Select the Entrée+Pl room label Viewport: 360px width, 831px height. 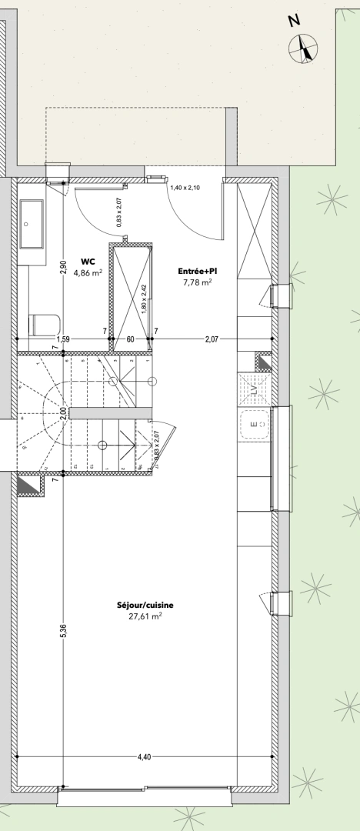197,271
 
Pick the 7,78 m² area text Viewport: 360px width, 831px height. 197,282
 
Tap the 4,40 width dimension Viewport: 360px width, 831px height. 144,757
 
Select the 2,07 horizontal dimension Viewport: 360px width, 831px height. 212,339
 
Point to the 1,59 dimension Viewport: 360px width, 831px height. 62,339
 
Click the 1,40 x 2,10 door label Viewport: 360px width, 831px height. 184,188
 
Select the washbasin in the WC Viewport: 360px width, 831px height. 32,223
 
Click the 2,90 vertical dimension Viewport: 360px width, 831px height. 64,268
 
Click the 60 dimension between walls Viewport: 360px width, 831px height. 131,339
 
